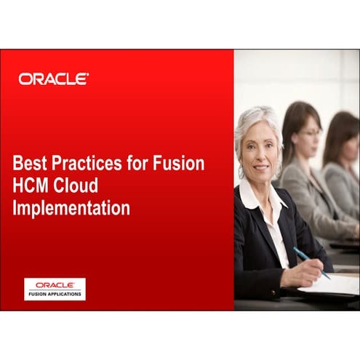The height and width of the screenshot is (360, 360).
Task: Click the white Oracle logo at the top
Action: point(54,79)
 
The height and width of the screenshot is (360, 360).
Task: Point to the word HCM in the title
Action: point(32,185)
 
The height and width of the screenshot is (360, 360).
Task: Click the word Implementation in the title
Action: point(72,208)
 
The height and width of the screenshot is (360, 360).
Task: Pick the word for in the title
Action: point(138,164)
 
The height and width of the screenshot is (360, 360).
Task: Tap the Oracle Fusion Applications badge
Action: point(55,289)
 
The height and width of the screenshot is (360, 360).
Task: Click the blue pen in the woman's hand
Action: point(311,262)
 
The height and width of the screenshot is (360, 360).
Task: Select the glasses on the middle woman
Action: point(309,134)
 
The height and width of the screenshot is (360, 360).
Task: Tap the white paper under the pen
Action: point(331,284)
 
